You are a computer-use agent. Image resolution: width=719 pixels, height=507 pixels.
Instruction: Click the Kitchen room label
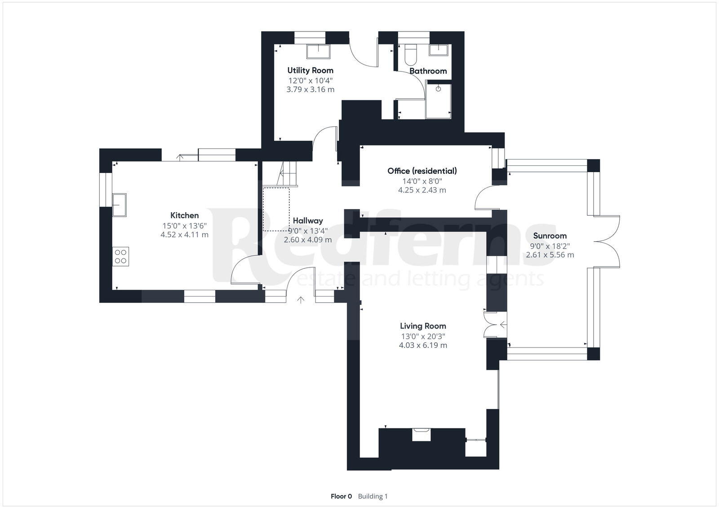[x=184, y=215]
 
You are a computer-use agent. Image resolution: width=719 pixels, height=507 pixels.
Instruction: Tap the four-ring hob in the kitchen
[x=120, y=256]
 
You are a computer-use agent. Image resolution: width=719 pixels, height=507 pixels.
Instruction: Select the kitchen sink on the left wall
[x=119, y=205]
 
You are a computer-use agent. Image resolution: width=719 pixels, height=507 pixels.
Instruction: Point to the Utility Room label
[x=310, y=70]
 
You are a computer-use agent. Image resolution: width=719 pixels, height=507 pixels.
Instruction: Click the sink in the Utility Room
[x=318, y=51]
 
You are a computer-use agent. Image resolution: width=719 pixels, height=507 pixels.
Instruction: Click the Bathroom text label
[x=428, y=71]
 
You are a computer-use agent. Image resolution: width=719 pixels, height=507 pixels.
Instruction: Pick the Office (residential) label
[x=422, y=171]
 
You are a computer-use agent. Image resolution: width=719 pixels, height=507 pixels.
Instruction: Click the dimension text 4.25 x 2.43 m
[x=422, y=190]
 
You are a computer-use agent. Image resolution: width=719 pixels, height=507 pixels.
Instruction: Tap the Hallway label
[x=308, y=221]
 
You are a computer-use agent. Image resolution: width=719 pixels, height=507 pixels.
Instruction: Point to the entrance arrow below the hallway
[x=301, y=300]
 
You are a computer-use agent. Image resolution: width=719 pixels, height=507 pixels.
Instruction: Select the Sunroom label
[x=550, y=236]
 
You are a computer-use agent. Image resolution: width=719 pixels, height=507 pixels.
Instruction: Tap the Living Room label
[x=423, y=326]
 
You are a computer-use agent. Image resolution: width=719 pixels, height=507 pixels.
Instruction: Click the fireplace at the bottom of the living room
[x=422, y=435]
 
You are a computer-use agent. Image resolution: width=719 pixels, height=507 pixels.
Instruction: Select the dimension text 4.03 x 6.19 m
[x=423, y=345]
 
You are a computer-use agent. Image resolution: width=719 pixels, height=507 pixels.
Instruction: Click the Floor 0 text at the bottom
[x=341, y=496]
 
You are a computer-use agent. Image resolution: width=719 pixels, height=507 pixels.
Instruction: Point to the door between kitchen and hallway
[x=245, y=270]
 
